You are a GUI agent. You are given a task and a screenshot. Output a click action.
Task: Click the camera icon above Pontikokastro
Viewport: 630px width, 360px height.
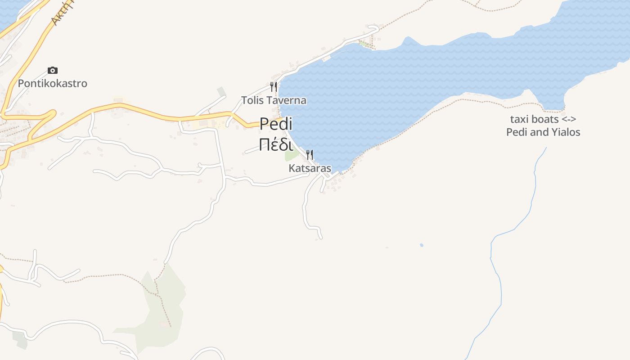pos(53,71)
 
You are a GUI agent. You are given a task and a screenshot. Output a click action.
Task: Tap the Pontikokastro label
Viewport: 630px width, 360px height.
pos(53,84)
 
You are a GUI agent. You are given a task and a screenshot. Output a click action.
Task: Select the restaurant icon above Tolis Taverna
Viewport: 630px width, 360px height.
pos(273,86)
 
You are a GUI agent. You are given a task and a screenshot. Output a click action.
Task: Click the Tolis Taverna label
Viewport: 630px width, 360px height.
pos(274,100)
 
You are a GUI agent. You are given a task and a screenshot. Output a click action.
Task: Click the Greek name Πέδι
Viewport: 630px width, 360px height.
pos(276,145)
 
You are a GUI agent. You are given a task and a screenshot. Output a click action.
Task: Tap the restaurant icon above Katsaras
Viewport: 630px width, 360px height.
pos(310,155)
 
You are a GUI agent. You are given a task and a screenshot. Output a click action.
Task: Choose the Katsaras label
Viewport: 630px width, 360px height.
pos(310,169)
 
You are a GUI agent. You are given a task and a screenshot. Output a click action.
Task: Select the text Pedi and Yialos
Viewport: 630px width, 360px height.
pos(543,132)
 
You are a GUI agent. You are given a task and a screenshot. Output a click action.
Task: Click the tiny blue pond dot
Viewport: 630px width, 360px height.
pos(422,245)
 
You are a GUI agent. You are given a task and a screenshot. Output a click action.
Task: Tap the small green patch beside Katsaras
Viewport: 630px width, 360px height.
pos(291,155)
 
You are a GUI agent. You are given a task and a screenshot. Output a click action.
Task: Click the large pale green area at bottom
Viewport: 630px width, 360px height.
pos(162,306)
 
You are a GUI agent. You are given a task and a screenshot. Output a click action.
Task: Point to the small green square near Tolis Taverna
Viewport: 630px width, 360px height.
pos(221,92)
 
